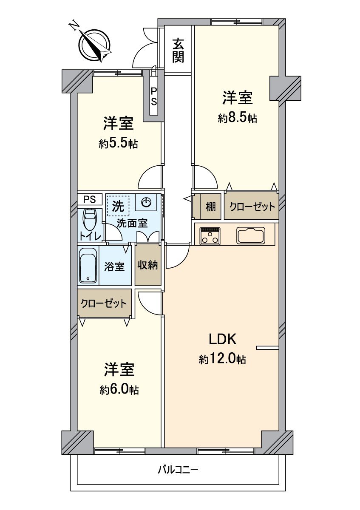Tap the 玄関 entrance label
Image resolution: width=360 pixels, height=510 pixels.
coord(178,50)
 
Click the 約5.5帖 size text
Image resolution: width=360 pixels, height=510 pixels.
coord(118,144)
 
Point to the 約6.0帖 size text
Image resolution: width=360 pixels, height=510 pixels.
coord(119,390)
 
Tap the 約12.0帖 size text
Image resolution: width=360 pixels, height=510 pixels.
coord(222,360)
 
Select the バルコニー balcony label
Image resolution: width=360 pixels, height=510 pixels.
coord(178,470)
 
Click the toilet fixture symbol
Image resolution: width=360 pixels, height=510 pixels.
coord(89,221)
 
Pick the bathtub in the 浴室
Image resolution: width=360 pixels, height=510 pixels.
coord(88,266)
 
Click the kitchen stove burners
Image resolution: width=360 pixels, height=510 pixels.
coord(210,236)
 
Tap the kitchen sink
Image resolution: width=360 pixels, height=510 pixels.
coord(251,235)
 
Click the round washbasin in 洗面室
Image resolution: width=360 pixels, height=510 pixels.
coord(146,203)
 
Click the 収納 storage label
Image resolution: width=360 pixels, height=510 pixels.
coord(147,265)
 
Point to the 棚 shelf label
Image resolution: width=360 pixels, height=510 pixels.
coord(210,207)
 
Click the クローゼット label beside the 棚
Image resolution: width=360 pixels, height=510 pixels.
coord(252,207)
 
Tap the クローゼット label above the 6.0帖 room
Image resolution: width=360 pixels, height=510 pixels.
coord(104,303)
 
